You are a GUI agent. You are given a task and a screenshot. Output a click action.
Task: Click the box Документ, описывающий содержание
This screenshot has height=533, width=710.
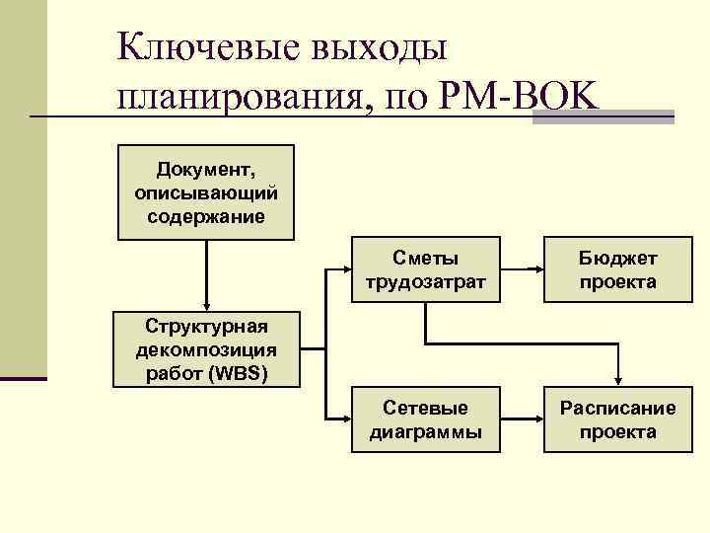[x=205, y=193]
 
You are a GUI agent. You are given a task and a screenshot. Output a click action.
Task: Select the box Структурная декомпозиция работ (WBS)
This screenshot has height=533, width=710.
[x=205, y=349]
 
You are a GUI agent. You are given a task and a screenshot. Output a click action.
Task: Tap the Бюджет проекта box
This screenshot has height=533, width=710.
[x=617, y=270]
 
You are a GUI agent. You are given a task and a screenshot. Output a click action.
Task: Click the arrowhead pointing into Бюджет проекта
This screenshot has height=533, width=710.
[x=537, y=270]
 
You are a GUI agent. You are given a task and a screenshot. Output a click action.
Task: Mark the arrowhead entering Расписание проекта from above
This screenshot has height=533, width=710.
[x=617, y=383]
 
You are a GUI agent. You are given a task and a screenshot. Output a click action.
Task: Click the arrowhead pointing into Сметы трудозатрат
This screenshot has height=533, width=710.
[x=346, y=270]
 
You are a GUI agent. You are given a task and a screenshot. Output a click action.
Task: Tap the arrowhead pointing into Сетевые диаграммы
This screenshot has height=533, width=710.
[x=346, y=420]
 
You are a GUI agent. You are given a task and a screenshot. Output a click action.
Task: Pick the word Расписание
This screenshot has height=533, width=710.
[x=617, y=409]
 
